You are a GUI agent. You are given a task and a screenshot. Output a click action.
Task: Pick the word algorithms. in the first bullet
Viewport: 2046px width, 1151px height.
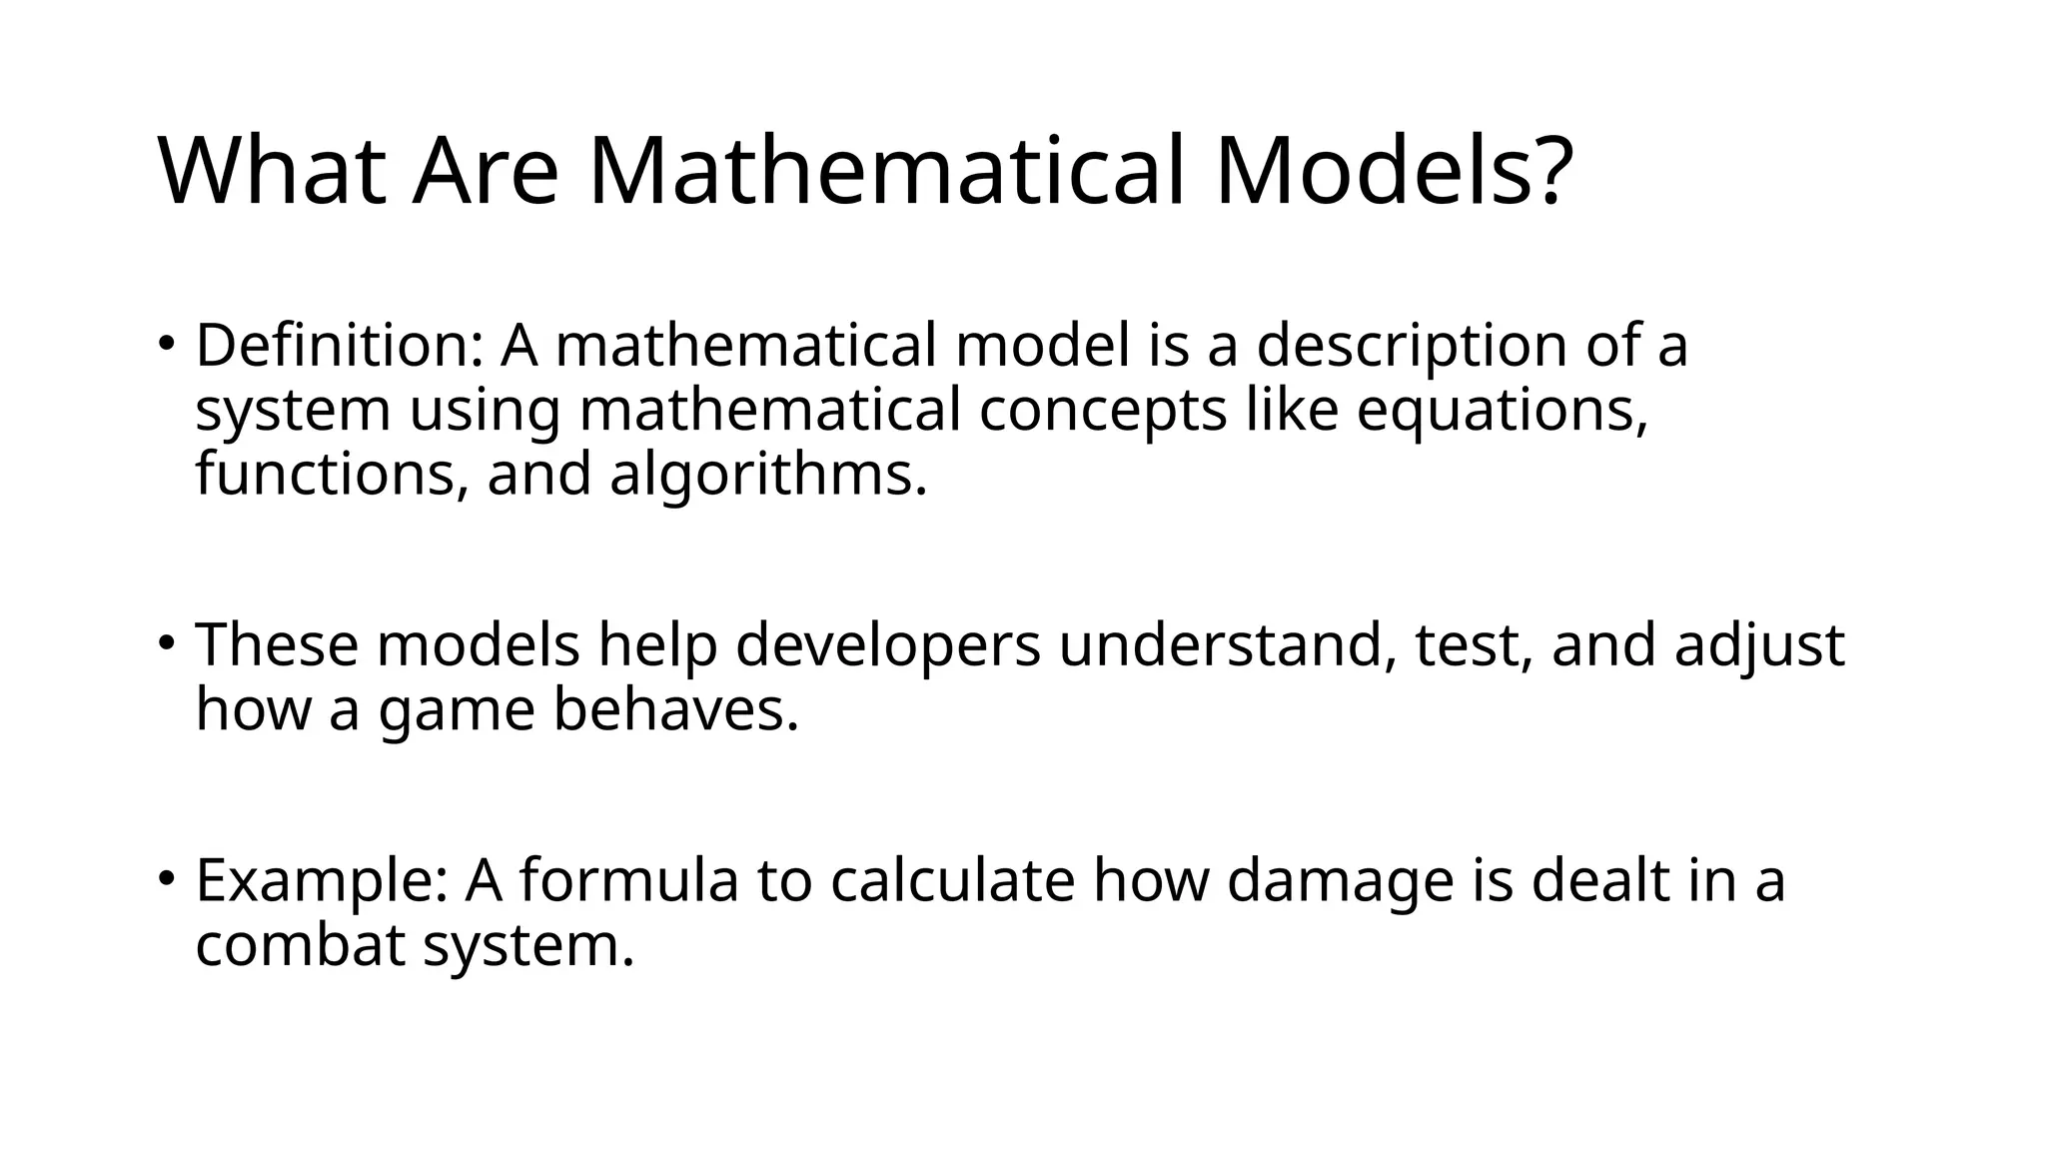768,474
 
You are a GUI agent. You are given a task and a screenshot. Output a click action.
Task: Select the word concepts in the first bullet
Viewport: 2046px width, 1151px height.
1102,412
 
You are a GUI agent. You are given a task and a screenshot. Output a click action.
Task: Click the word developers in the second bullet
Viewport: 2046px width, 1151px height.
888,646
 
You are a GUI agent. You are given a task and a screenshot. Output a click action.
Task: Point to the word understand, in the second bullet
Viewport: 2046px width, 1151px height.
1228,646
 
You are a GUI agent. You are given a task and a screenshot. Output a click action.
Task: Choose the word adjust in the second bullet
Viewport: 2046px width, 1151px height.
1759,646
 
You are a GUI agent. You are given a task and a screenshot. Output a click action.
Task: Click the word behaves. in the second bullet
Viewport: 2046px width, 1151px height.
676,710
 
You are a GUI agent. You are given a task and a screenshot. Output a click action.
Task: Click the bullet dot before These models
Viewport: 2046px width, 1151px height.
167,642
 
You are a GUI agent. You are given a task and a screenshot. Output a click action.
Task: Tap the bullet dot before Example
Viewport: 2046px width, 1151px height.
167,878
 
